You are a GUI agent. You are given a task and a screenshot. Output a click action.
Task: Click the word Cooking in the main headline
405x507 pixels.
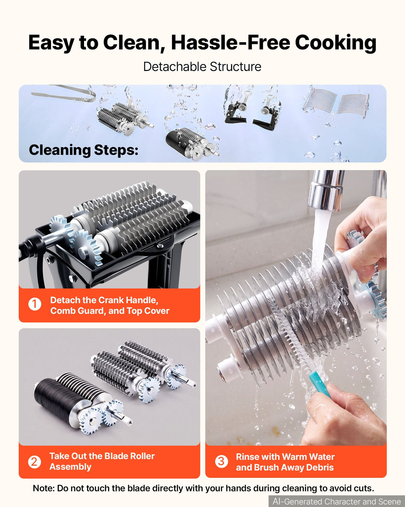(x=335, y=43)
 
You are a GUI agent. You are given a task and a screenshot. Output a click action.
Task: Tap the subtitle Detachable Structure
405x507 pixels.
(x=202, y=67)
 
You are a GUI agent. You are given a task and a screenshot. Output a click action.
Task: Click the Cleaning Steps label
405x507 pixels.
(x=84, y=150)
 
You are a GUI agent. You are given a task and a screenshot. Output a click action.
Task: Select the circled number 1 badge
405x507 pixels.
(x=35, y=304)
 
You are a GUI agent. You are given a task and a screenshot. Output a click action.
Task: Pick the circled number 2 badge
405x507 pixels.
(x=34, y=462)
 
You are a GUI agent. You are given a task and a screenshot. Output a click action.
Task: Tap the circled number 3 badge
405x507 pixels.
(x=221, y=461)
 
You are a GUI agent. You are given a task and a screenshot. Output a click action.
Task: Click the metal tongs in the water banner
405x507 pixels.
(x=63, y=94)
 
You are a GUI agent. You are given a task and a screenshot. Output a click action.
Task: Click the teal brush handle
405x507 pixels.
(x=320, y=384)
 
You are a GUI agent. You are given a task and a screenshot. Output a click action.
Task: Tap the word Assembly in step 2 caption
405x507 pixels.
(x=70, y=467)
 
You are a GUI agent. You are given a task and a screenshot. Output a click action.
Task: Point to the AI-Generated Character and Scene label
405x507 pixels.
(x=336, y=501)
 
